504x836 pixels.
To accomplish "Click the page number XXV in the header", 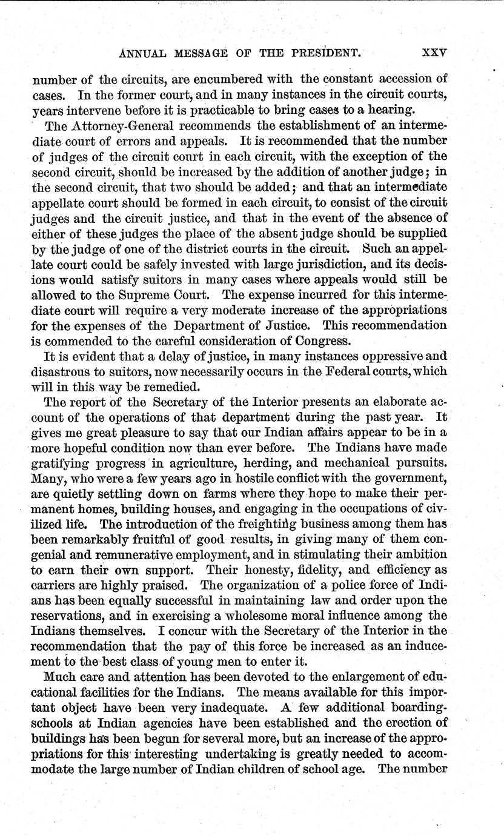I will click(x=434, y=52).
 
